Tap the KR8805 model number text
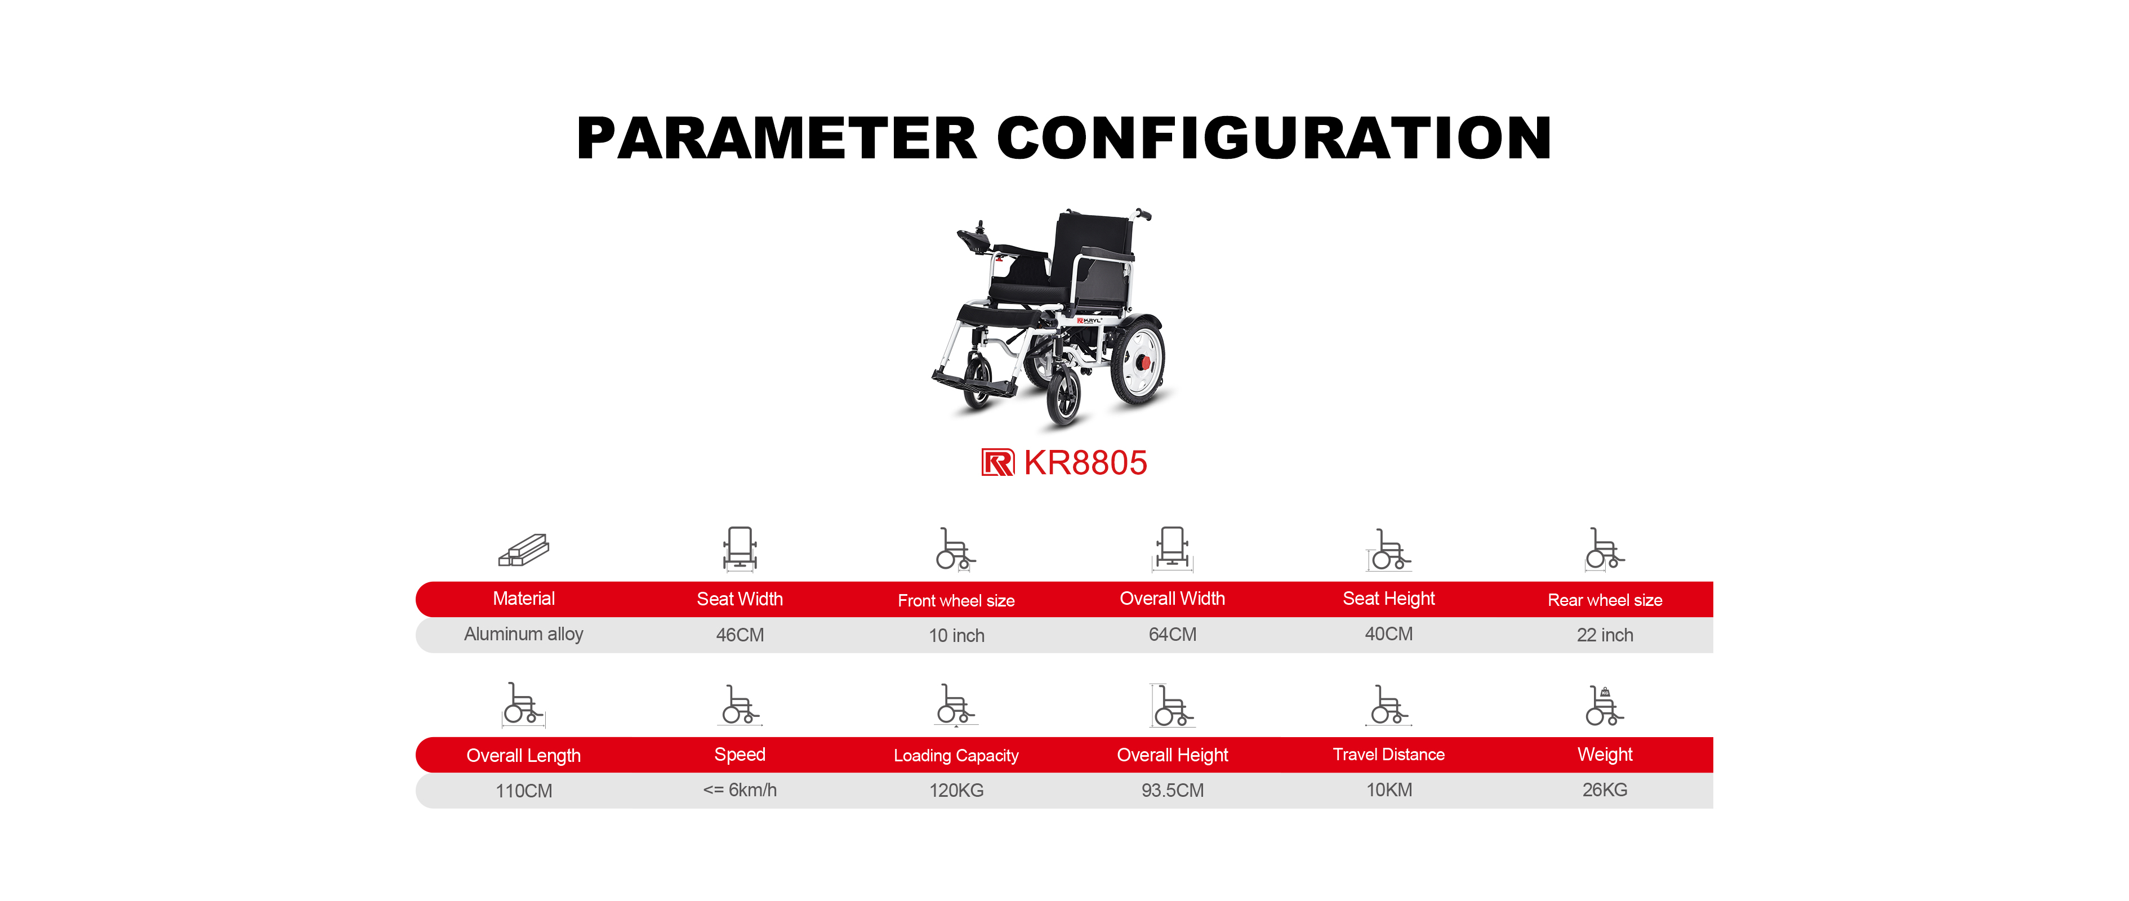tap(1085, 463)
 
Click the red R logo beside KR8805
tap(997, 463)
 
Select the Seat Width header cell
tap(740, 599)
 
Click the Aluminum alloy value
tap(523, 635)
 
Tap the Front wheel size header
tap(956, 601)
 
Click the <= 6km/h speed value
tap(740, 790)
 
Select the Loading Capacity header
tap(956, 756)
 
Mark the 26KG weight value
tap(1605, 790)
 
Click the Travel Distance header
tap(1388, 755)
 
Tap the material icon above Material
tap(524, 550)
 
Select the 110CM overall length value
tap(524, 791)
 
